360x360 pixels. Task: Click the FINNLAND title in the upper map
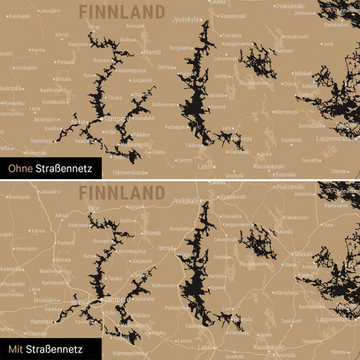click(x=121, y=11)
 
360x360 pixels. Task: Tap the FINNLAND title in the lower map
click(x=121, y=191)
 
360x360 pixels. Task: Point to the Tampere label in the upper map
click(x=118, y=118)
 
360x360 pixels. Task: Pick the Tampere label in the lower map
click(x=118, y=298)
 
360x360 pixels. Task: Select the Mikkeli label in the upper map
click(x=303, y=73)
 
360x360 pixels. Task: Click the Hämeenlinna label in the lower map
click(x=128, y=352)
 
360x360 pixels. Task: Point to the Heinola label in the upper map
click(x=241, y=139)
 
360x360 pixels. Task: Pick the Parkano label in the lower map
click(x=66, y=242)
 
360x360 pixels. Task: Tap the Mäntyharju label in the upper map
click(x=286, y=112)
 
